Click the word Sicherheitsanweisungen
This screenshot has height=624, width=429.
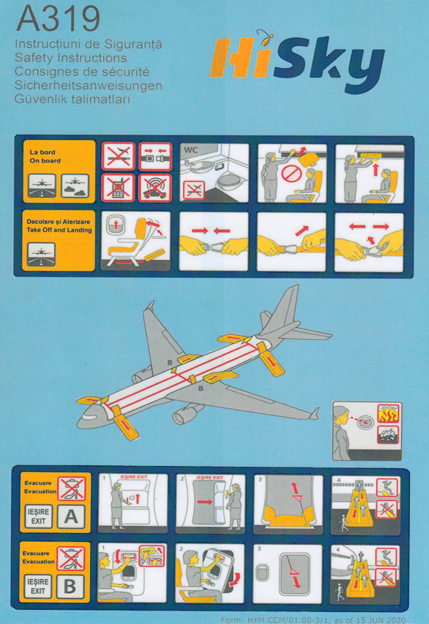88,85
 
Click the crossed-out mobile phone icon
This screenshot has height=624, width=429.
118,188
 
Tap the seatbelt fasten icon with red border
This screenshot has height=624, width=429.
155,156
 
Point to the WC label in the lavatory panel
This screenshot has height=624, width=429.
192,150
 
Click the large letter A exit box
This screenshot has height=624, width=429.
72,516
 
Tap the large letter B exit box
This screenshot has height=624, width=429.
72,586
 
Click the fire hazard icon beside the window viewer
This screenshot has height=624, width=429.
388,414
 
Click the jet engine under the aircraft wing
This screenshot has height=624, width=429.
185,414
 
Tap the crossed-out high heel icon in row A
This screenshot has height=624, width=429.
72,489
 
